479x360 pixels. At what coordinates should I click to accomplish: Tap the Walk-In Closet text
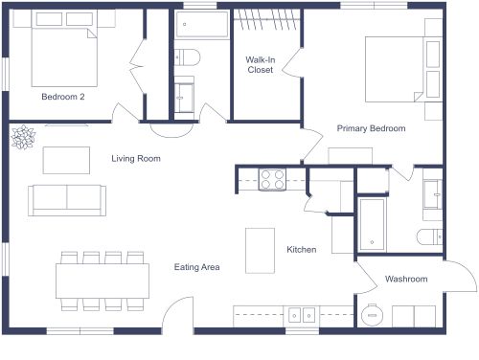pyautogui.click(x=260, y=64)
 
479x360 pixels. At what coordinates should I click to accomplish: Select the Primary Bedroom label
pyautogui.click(x=371, y=128)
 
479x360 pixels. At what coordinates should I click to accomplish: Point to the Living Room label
pyautogui.click(x=135, y=159)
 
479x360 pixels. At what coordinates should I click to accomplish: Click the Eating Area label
pyautogui.click(x=197, y=267)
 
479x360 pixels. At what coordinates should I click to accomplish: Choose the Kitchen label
pyautogui.click(x=302, y=250)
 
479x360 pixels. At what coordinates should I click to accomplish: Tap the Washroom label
pyautogui.click(x=406, y=280)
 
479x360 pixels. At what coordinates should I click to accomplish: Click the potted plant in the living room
pyautogui.click(x=22, y=138)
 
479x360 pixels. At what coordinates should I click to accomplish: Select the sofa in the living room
pyautogui.click(x=67, y=197)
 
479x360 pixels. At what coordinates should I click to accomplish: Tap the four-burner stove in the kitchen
pyautogui.click(x=272, y=177)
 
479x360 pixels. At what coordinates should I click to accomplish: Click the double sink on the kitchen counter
pyautogui.click(x=304, y=313)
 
